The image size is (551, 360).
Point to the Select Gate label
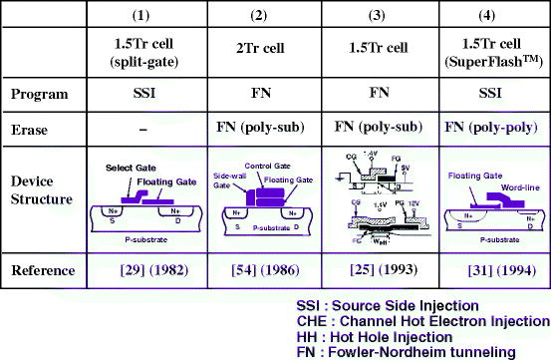127,168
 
